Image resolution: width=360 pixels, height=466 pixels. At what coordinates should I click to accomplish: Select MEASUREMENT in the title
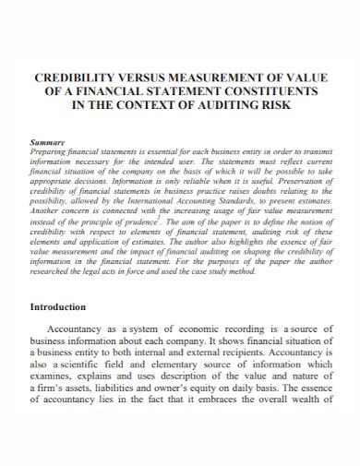pyautogui.click(x=216, y=80)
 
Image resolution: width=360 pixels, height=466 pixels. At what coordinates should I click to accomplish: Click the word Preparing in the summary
pyautogui.click(x=50, y=151)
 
